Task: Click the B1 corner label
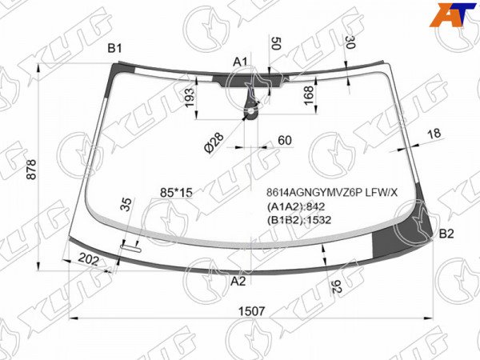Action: tap(114, 48)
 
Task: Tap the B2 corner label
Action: tap(446, 234)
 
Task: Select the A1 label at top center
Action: tap(240, 62)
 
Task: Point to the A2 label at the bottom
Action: tap(238, 281)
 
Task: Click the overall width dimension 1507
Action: tap(251, 311)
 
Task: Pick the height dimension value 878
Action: tap(31, 170)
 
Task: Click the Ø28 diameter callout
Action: tap(214, 142)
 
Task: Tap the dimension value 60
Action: tap(285, 140)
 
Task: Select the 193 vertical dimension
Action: tap(190, 98)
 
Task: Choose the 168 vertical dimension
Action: tap(309, 95)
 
